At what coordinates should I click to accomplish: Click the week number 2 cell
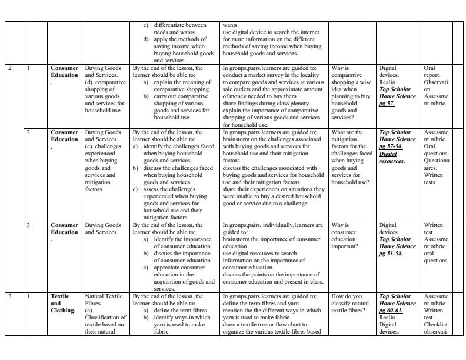click(11, 68)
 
